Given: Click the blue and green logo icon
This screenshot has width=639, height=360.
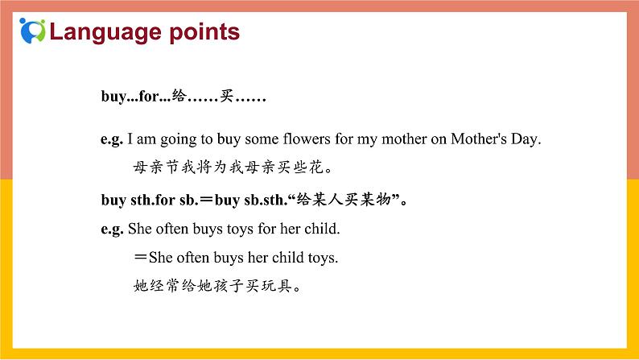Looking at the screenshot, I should pyautogui.click(x=31, y=31).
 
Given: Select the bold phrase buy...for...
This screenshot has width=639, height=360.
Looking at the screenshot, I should pyautogui.click(x=135, y=97).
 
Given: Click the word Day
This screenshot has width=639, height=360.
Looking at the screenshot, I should pyautogui.click(x=526, y=139).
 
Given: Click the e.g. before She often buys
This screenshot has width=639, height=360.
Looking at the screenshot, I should pyautogui.click(x=111, y=229).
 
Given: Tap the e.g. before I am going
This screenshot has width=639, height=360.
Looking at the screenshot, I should pyautogui.click(x=111, y=139).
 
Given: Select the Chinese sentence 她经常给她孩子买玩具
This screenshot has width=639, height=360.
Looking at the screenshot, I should pyautogui.click(x=221, y=287).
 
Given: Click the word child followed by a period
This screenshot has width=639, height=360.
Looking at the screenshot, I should pyautogui.click(x=323, y=229).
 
